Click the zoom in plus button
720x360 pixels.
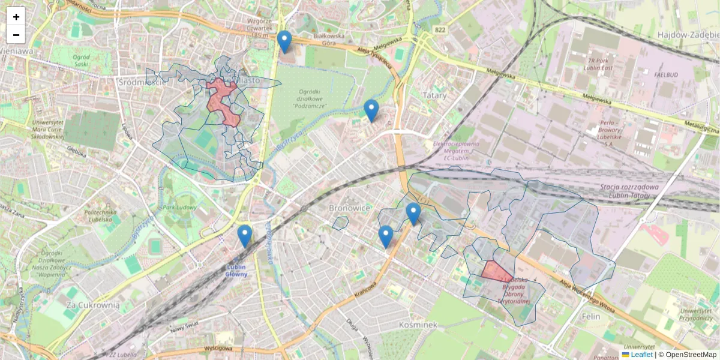click(x=16, y=17)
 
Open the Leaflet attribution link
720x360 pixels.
click(x=641, y=355)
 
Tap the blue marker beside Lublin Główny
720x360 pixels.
click(x=244, y=236)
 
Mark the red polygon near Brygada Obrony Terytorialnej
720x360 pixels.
click(x=496, y=271)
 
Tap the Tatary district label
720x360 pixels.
click(x=434, y=95)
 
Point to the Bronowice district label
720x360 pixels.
click(x=348, y=208)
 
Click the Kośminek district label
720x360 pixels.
click(x=418, y=324)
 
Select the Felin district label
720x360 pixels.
click(x=592, y=316)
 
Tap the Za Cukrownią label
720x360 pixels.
click(x=93, y=305)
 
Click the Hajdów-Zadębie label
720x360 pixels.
click(x=688, y=35)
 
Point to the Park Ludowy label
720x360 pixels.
click(x=179, y=208)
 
